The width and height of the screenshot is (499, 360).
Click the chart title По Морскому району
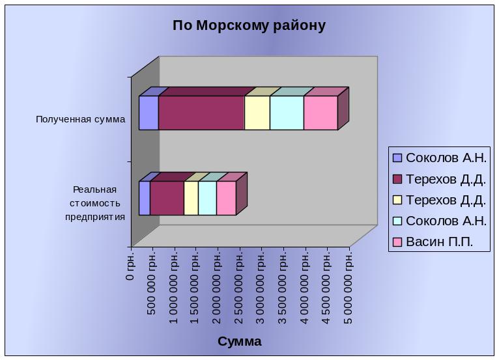(x=249, y=25)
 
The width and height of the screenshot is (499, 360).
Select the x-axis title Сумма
(x=240, y=342)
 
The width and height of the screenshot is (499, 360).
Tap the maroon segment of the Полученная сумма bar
(x=201, y=113)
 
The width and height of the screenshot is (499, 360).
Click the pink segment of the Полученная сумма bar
(x=321, y=113)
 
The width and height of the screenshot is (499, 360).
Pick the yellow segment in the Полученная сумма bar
(x=257, y=113)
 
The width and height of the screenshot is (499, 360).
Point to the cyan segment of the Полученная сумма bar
(x=287, y=113)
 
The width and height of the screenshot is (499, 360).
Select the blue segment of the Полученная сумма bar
(x=149, y=113)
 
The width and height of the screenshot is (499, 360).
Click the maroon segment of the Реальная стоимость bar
(x=167, y=198)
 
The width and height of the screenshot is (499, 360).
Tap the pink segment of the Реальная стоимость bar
(x=226, y=198)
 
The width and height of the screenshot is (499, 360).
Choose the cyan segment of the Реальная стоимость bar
(x=208, y=198)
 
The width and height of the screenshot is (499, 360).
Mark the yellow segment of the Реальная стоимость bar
(x=191, y=198)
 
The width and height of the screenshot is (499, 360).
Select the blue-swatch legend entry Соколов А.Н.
(x=440, y=158)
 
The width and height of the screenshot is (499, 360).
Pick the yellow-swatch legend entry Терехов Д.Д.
(x=440, y=200)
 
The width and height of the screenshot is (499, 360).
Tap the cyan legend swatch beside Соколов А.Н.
(x=397, y=221)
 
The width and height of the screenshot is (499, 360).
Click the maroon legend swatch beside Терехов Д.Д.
(x=397, y=179)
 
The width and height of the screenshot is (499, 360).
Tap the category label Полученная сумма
(x=81, y=120)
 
